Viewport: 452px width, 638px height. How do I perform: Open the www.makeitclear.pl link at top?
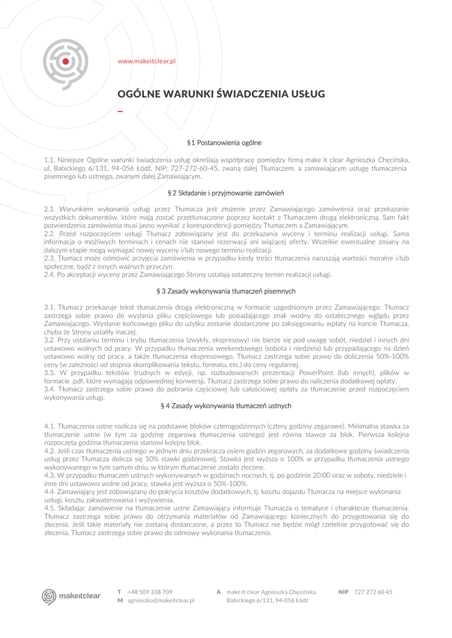point(147,61)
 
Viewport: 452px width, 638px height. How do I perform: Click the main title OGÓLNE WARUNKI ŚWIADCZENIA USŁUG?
point(221,94)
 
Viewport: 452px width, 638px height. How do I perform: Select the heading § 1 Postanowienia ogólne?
point(224,143)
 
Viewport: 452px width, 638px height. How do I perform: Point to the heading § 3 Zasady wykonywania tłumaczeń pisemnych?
point(226,291)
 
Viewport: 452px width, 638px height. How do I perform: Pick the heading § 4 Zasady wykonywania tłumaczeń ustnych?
point(226,406)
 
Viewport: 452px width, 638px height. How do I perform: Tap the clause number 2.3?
point(50,257)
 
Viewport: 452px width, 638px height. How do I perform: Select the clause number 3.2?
point(50,340)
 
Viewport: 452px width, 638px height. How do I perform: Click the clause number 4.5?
point(50,508)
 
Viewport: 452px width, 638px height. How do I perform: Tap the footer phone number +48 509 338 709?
point(150,591)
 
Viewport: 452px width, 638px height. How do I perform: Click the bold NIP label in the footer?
point(344,591)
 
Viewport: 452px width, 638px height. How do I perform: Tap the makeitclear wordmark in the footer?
point(80,596)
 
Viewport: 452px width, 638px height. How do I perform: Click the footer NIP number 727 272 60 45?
point(373,591)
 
